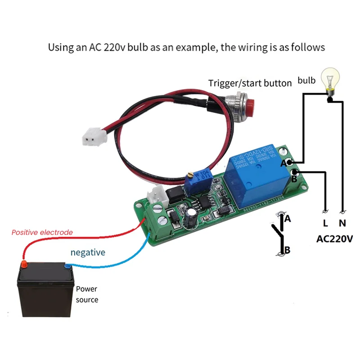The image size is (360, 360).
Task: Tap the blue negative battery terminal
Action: [x=67, y=265]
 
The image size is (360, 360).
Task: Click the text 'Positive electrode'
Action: [x=42, y=233]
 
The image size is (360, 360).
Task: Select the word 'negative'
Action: [x=88, y=252]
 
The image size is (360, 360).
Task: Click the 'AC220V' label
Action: [x=334, y=238]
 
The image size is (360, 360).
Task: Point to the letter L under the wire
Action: [x=325, y=223]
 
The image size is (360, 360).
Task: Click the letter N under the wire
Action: [x=343, y=223]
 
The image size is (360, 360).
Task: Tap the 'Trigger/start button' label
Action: [x=249, y=83]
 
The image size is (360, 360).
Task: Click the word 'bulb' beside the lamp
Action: [x=307, y=81]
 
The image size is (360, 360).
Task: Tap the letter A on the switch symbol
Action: [x=288, y=219]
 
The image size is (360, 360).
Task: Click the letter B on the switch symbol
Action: [x=288, y=250]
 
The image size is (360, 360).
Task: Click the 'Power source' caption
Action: [x=86, y=294]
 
